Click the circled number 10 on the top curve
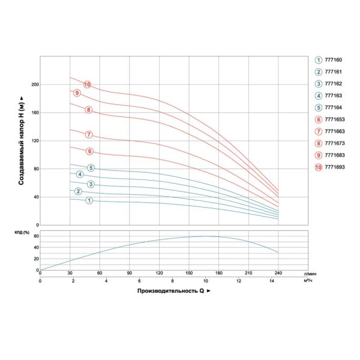pos(87,84)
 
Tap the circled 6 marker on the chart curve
pos(89,151)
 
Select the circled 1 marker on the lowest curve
pos(89,200)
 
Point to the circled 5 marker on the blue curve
pos(91,167)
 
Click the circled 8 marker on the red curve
pos(89,110)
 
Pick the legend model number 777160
pos(334,60)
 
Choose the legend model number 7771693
pos(335,166)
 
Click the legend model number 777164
pos(334,108)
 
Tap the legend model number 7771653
pos(335,120)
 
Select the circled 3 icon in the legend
pos(319,84)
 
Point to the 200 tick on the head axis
pos(34,85)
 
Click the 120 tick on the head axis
pos(34,141)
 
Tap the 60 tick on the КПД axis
pos(35,236)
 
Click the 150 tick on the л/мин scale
pos(189,273)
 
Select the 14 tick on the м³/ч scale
pos(272,281)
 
